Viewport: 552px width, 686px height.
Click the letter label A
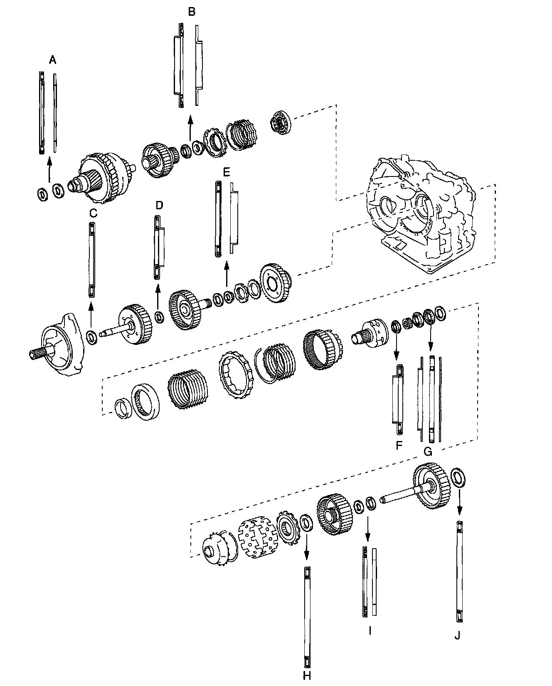[52, 60]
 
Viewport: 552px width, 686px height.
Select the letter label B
[191, 12]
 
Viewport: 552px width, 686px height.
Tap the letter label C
[93, 213]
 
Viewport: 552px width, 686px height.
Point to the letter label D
[160, 205]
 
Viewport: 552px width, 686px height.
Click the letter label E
[226, 171]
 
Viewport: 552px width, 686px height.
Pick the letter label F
[399, 446]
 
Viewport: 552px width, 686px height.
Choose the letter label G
[428, 451]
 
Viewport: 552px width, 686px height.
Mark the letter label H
[307, 676]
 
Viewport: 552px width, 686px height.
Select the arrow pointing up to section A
[49, 169]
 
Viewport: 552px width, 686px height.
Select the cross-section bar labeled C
[91, 260]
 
